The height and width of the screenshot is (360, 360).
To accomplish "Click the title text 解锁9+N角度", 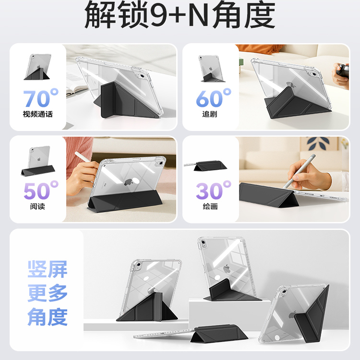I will point(180,16).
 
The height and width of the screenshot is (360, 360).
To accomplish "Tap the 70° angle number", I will point(41,98).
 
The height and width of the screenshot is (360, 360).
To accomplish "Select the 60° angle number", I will point(213,98).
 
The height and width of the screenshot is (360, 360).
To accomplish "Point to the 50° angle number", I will point(41,190).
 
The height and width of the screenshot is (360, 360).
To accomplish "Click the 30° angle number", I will point(213,190).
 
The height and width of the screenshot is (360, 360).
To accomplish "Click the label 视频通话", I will point(37,115).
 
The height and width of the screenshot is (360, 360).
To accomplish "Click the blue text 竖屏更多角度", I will point(47,293).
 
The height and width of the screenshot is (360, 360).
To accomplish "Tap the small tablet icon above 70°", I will point(38,66).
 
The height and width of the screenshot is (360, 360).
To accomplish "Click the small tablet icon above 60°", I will point(210,67).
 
